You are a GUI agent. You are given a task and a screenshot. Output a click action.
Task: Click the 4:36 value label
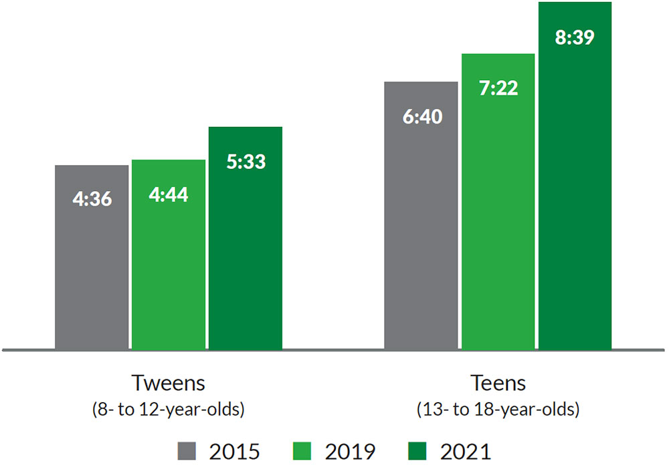click(92, 200)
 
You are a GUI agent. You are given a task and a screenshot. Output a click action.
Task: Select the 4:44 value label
click(169, 194)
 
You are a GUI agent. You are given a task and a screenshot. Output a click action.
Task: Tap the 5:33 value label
click(246, 162)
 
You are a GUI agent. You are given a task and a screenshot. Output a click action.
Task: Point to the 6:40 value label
click(421, 117)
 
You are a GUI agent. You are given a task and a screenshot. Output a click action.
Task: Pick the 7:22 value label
click(498, 88)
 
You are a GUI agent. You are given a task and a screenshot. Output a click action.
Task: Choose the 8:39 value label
click(575, 37)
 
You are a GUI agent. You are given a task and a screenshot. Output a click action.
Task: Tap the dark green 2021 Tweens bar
click(246, 267)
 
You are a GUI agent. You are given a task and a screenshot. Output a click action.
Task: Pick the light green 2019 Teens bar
click(498, 234)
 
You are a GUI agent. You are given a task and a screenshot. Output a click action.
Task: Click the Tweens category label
click(168, 383)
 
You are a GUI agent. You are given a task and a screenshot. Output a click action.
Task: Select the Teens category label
click(498, 383)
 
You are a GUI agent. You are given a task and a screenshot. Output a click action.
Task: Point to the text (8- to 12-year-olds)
click(168, 409)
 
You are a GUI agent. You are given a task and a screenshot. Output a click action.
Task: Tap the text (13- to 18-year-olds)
click(498, 409)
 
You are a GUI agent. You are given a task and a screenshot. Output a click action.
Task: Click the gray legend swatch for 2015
click(188, 451)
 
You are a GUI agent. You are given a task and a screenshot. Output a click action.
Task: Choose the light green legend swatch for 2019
click(304, 451)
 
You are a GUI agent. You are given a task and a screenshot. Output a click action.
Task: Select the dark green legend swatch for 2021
click(419, 451)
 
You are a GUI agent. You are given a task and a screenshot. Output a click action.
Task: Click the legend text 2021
click(466, 451)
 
